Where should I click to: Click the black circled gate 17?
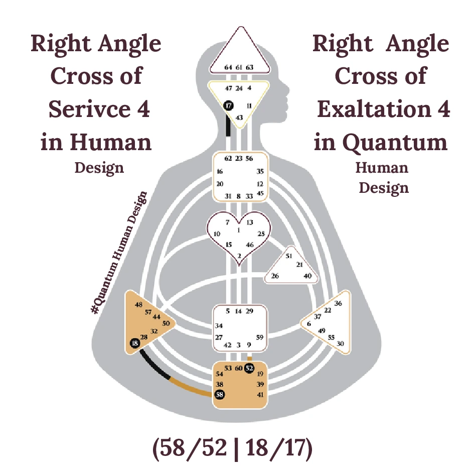click(x=229, y=105)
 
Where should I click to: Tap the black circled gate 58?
click(x=220, y=394)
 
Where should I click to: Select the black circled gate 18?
click(x=134, y=343)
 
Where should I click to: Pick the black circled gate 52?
click(x=249, y=368)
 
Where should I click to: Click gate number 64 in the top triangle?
click(x=228, y=67)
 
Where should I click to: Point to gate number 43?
click(x=239, y=117)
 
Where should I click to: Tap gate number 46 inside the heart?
click(x=250, y=245)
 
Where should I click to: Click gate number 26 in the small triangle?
click(x=275, y=276)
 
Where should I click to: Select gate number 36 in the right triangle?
click(x=338, y=303)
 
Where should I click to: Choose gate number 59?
click(x=259, y=337)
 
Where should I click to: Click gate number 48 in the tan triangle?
click(x=139, y=304)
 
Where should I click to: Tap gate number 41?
click(x=260, y=395)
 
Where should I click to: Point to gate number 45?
click(x=260, y=193)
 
